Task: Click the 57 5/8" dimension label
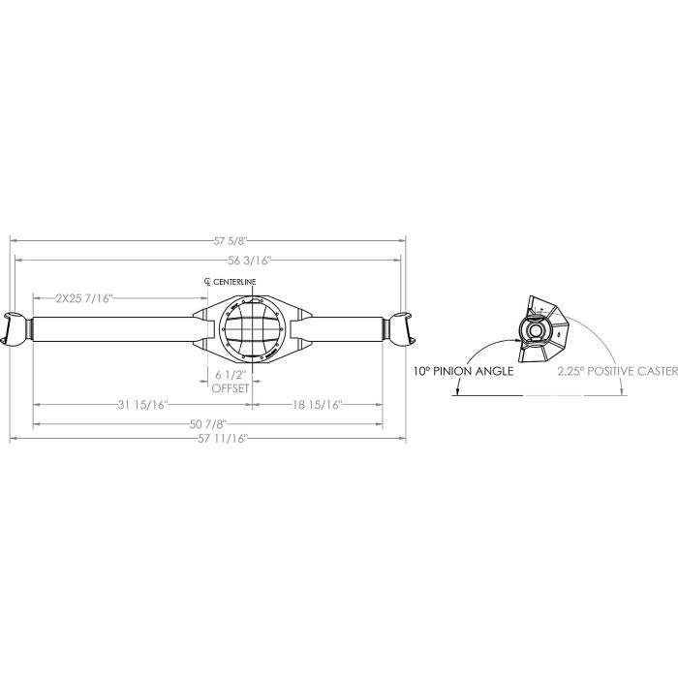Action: coord(231,241)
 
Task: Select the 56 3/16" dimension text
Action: coord(250,261)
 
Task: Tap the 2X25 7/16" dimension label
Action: coord(84,298)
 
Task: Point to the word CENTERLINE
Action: coord(234,282)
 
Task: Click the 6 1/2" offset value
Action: coord(231,375)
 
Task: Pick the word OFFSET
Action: coord(231,388)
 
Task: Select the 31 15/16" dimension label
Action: coord(142,405)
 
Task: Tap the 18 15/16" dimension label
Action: coord(318,405)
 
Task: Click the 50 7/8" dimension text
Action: coord(208,424)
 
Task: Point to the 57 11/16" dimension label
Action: coord(223,440)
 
